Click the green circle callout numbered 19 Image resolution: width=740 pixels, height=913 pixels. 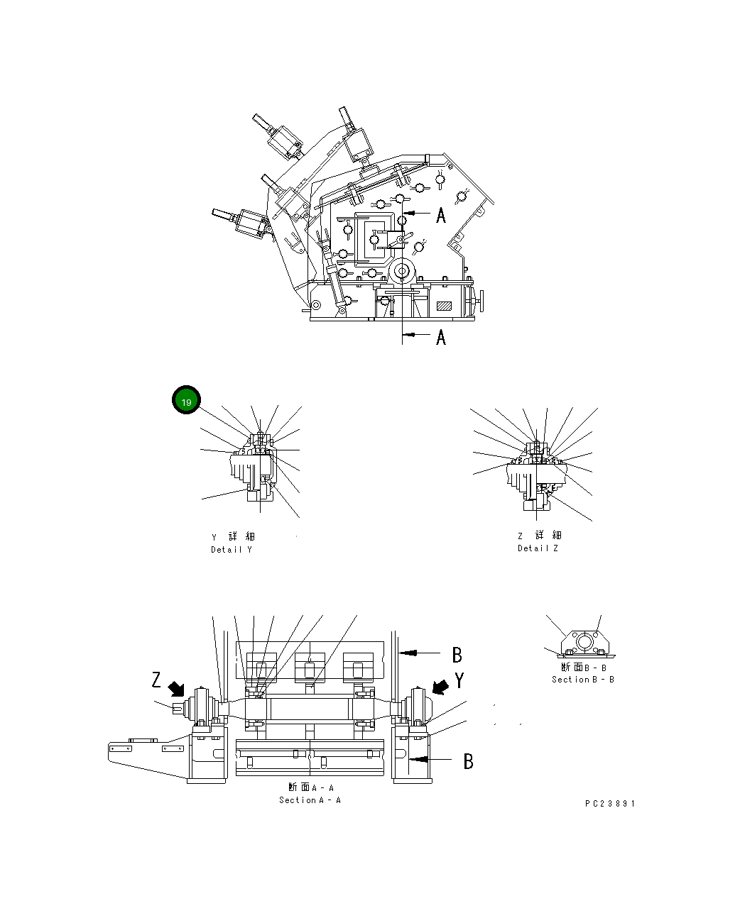point(186,402)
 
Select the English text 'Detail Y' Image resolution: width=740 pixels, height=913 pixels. point(231,550)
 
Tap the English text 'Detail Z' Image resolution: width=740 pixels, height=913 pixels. point(538,548)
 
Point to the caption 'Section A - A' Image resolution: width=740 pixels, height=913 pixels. point(310,800)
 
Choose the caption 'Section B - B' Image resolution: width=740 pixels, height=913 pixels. point(583,680)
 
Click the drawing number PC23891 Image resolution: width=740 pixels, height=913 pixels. point(610,804)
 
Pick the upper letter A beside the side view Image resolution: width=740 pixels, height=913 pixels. point(441,215)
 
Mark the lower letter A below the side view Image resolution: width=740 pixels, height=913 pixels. point(441,337)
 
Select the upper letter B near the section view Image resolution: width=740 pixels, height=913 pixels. point(458,655)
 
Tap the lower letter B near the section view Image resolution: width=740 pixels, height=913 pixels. point(469,761)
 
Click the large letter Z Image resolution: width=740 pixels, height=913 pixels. point(156,680)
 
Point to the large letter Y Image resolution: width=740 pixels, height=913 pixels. point(459,681)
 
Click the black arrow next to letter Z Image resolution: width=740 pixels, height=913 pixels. point(175,689)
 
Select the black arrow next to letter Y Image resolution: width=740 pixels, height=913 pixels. point(440,687)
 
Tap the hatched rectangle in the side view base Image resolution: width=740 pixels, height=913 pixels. point(445,306)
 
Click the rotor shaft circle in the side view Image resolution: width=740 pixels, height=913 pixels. point(403,271)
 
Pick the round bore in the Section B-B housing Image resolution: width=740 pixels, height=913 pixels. point(584,641)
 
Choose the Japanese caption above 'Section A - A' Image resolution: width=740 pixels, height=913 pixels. point(310,787)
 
